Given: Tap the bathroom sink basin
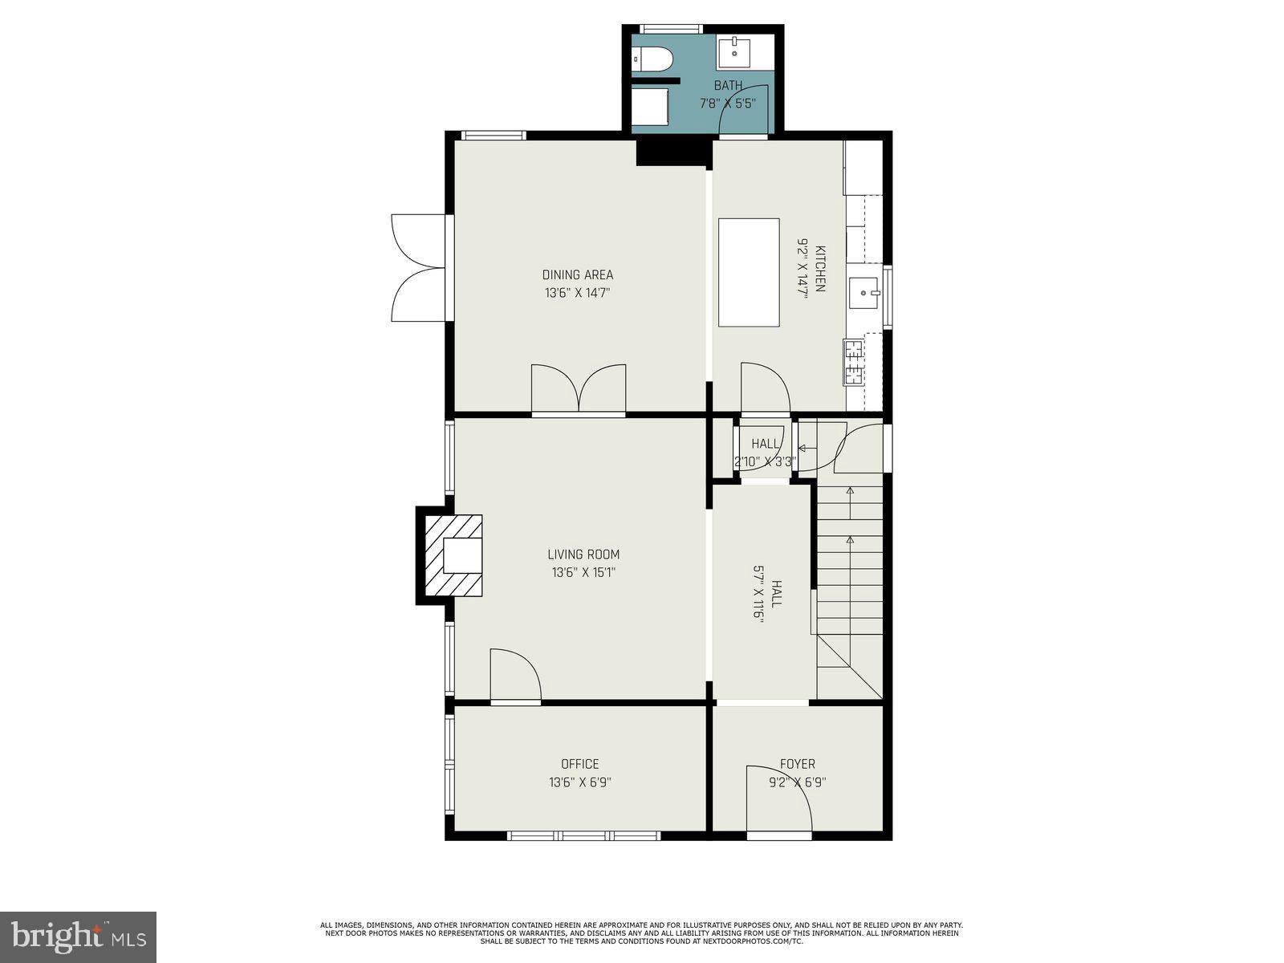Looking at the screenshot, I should point(734,53).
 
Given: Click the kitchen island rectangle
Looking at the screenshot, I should point(749,272).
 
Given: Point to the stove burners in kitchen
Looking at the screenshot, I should point(853,362).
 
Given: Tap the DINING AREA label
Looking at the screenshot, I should point(577,275).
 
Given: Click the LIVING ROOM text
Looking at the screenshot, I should point(583,555).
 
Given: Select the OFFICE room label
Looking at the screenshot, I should point(579,764).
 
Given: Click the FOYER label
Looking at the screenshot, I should point(797,764).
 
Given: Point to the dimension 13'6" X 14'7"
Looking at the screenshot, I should point(577,294).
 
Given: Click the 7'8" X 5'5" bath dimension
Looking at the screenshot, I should point(726,104).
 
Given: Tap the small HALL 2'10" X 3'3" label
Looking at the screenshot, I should point(765,453).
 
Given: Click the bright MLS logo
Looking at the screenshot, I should point(78,937).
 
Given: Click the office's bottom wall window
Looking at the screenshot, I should point(583,836).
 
